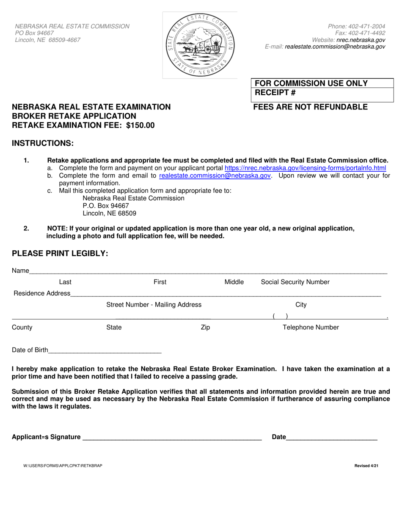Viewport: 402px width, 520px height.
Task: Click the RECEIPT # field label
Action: [275, 93]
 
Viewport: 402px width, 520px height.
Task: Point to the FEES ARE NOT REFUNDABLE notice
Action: [310, 107]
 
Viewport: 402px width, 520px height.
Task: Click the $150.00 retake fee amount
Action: [140, 125]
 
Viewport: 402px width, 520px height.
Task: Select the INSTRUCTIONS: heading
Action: [43, 143]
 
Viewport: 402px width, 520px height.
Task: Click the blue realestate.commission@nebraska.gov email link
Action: [215, 175]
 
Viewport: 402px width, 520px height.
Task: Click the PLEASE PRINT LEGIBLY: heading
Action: [60, 253]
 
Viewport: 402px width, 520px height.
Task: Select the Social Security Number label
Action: [295, 282]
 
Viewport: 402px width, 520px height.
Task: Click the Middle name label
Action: [234, 282]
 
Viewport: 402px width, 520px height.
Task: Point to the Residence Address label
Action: [42, 293]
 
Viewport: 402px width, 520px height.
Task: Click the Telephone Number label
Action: [311, 327]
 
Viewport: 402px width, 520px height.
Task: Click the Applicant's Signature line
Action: [172, 438]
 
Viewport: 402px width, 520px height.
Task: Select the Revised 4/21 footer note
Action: [366, 466]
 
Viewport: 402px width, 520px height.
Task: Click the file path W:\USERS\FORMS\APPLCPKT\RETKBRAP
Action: [63, 466]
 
